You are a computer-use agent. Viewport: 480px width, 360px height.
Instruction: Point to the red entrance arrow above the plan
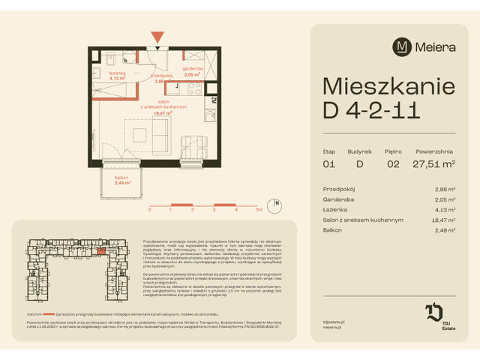click(157, 37)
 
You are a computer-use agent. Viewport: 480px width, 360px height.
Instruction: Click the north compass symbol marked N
click(276, 203)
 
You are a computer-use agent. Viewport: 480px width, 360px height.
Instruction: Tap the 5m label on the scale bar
click(258, 211)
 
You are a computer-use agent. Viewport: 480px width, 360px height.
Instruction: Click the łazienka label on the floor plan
click(116, 72)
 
